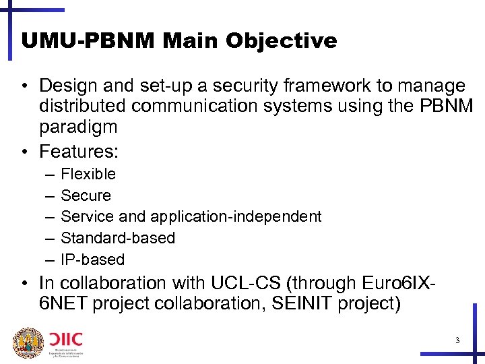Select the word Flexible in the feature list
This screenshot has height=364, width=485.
pyautogui.click(x=88, y=174)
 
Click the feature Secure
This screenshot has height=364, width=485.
pyautogui.click(x=86, y=195)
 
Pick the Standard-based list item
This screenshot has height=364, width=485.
pyautogui.click(x=118, y=238)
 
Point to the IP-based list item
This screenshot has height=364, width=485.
pyautogui.click(x=92, y=260)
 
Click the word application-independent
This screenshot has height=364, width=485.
pyautogui.click(x=236, y=216)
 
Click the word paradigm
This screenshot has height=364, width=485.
pyautogui.click(x=78, y=127)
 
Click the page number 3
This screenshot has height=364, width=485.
pyautogui.click(x=457, y=340)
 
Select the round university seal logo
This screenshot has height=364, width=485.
pyautogui.click(x=28, y=343)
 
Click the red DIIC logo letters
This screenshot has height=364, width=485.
pyautogui.click(x=65, y=337)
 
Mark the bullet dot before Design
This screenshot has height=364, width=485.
pyautogui.click(x=24, y=86)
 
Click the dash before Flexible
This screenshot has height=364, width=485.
pyautogui.click(x=51, y=174)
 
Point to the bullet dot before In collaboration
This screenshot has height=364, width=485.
pyautogui.click(x=24, y=283)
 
